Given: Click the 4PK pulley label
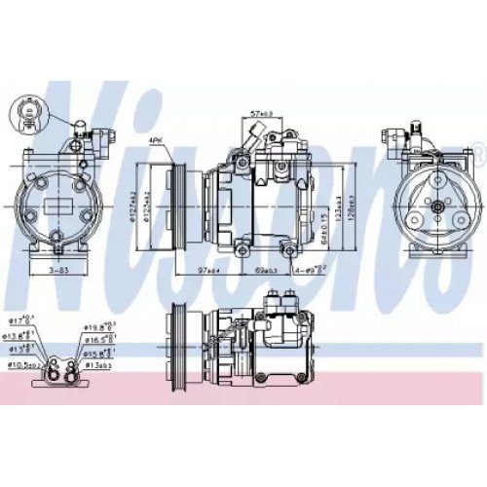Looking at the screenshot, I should click(x=156, y=142).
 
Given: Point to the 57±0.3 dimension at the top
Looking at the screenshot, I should click(x=260, y=115).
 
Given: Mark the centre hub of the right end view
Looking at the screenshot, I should click(x=433, y=206).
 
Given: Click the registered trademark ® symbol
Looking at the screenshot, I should click(x=476, y=149).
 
